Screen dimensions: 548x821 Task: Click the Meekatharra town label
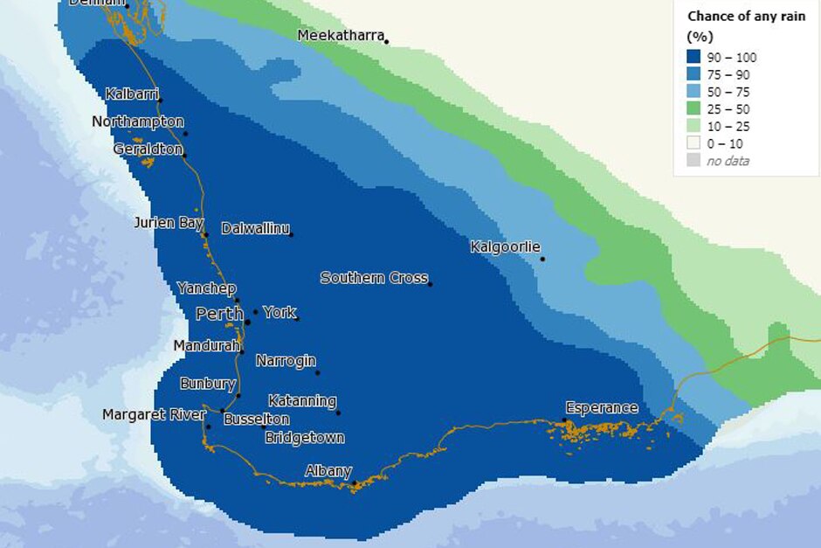[341, 36]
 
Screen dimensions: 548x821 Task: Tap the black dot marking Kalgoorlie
[542, 259]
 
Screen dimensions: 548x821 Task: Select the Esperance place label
[602, 408]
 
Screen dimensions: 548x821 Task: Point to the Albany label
[328, 471]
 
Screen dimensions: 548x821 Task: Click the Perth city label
[219, 314]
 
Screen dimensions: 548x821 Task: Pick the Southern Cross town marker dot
[431, 283]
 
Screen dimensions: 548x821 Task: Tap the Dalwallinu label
[255, 228]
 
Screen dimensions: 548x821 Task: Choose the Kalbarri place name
[133, 94]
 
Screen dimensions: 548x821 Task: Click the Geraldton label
[147, 149]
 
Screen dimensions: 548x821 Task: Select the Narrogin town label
[286, 360]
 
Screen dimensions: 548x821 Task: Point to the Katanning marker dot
[338, 413]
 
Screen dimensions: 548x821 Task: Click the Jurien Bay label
[169, 223]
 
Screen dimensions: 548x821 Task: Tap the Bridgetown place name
[305, 437]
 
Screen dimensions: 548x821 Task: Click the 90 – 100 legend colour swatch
[695, 58]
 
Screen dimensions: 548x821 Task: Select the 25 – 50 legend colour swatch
[695, 109]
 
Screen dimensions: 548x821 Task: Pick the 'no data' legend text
[728, 161]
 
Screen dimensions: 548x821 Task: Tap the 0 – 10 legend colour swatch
[695, 143]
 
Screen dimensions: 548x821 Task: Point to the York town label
[279, 312]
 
